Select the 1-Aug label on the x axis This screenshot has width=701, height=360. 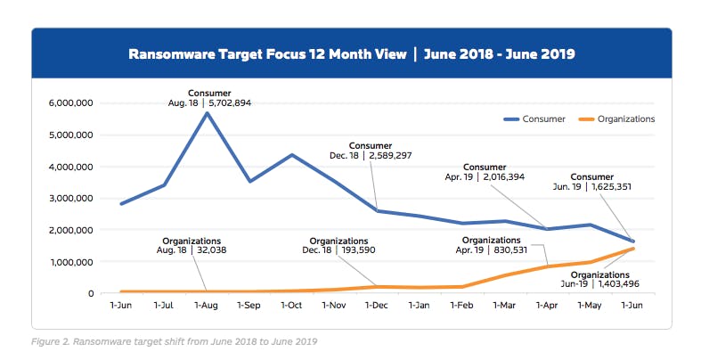[207, 306]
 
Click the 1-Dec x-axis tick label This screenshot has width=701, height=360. [377, 306]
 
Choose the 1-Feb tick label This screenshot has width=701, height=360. [461, 306]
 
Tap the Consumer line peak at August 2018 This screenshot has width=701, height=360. [207, 113]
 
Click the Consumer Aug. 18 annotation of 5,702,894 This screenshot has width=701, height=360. [208, 98]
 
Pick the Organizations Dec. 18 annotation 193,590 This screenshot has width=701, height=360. [339, 246]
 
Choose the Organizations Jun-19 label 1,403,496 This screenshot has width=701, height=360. [599, 279]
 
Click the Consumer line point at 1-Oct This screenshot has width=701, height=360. [292, 155]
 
